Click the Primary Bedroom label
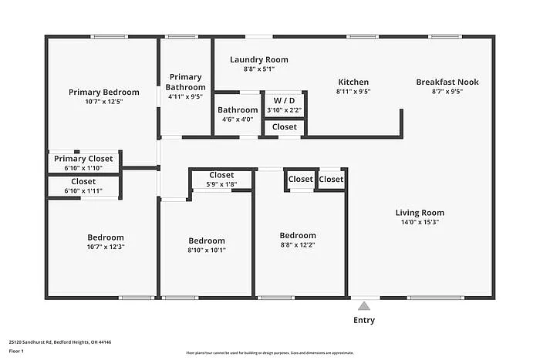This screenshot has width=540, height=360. [x=96, y=92]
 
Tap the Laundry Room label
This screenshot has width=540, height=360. [x=259, y=59]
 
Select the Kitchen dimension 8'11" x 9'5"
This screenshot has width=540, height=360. [x=353, y=91]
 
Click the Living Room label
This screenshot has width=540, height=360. [x=420, y=213]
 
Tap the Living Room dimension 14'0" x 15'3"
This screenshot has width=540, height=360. [x=420, y=222]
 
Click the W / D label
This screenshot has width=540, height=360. [x=284, y=100]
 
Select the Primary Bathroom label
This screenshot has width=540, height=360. [x=185, y=82]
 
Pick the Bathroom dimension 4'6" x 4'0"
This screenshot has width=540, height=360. [x=238, y=119]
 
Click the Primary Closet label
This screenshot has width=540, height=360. [x=83, y=159]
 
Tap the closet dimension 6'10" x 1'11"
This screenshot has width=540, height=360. [x=83, y=190]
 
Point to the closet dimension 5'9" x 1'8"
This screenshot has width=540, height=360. [x=221, y=184]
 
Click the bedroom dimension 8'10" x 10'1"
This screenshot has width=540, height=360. [x=207, y=250]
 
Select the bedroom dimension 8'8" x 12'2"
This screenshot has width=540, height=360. [x=298, y=245]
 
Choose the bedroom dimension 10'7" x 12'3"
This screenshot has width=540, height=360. [x=106, y=247]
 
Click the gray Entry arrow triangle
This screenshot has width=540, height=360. [x=364, y=306]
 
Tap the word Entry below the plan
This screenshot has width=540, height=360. [x=364, y=320]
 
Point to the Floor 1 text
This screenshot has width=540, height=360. [x=16, y=351]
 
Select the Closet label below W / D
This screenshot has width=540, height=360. [x=284, y=126]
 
